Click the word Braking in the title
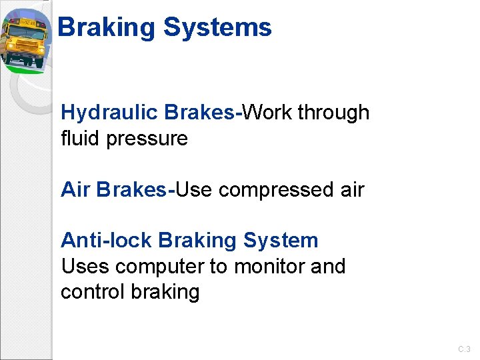tap(107, 28)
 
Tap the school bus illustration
tap(25, 40)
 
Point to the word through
tap(333, 113)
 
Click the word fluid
tap(77, 139)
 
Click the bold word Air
tap(75, 190)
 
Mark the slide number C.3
tap(464, 349)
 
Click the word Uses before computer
tap(85, 267)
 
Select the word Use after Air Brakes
tap(193, 190)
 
